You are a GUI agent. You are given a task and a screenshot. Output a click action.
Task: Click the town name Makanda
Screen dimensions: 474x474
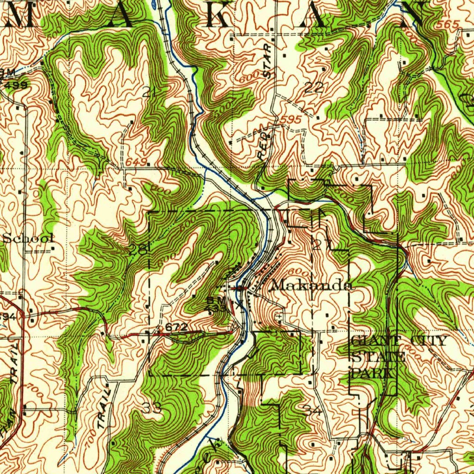click(x=311, y=285)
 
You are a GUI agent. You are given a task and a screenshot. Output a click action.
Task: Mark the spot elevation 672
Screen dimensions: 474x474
click(x=176, y=327)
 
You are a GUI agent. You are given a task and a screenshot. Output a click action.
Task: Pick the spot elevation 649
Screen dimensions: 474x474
click(x=136, y=162)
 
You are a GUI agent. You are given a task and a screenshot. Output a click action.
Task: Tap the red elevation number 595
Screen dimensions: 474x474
click(x=292, y=120)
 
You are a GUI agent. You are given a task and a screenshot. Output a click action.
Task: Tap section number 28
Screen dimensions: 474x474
click(x=138, y=250)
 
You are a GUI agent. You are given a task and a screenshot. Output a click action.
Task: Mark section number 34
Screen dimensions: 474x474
click(x=312, y=410)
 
